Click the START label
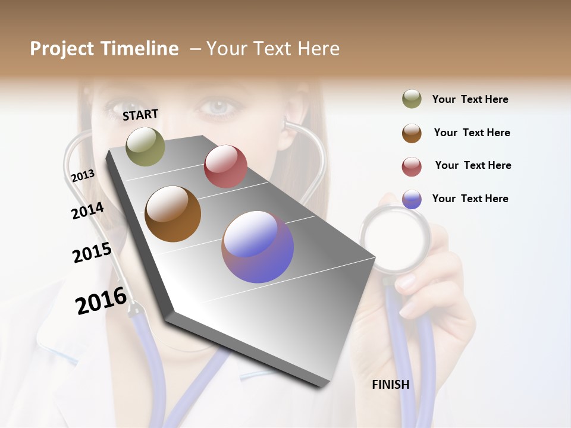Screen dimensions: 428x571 click(140, 115)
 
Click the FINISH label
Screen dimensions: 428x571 click(391, 385)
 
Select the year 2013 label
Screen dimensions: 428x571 click(83, 176)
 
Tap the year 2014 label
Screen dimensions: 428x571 click(87, 210)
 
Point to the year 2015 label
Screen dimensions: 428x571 click(92, 253)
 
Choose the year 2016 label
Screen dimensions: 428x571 click(101, 301)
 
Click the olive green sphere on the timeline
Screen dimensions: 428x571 click(145, 146)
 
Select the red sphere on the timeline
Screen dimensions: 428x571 click(225, 166)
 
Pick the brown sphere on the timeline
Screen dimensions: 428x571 click(172, 214)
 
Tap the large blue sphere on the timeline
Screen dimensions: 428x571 click(258, 247)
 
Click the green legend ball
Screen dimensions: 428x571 click(412, 99)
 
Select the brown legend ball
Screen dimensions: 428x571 click(412, 133)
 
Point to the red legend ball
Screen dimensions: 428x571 click(412, 166)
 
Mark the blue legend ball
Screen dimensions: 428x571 click(412, 199)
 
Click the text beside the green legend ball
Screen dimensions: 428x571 click(470, 99)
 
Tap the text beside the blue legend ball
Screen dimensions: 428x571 click(470, 199)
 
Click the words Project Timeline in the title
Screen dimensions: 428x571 click(104, 49)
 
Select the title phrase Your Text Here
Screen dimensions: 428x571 click(272, 49)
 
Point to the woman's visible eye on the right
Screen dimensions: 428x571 click(221, 108)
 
